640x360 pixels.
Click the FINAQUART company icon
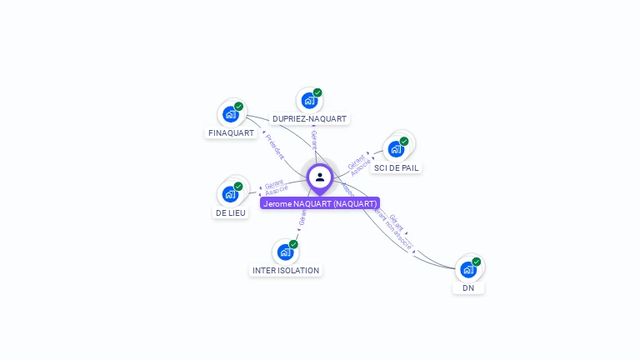(231, 114)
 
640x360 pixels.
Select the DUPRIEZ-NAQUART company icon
(309, 101)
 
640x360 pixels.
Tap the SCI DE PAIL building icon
(397, 149)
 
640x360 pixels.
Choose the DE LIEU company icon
(230, 194)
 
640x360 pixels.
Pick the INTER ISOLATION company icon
(286, 252)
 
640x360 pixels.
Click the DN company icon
(468, 269)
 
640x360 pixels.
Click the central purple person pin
(320, 177)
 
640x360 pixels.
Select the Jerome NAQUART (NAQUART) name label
(320, 203)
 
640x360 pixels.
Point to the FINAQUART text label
(231, 132)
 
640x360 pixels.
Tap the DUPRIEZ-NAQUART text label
(309, 119)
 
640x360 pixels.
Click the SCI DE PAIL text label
(397, 167)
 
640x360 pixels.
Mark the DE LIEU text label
(230, 212)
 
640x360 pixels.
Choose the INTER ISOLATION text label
(286, 270)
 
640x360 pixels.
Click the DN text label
(468, 287)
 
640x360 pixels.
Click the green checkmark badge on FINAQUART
(238, 107)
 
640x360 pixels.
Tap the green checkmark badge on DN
(476, 262)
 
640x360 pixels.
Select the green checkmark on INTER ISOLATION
(293, 244)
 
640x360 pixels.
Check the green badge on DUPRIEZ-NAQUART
(317, 93)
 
